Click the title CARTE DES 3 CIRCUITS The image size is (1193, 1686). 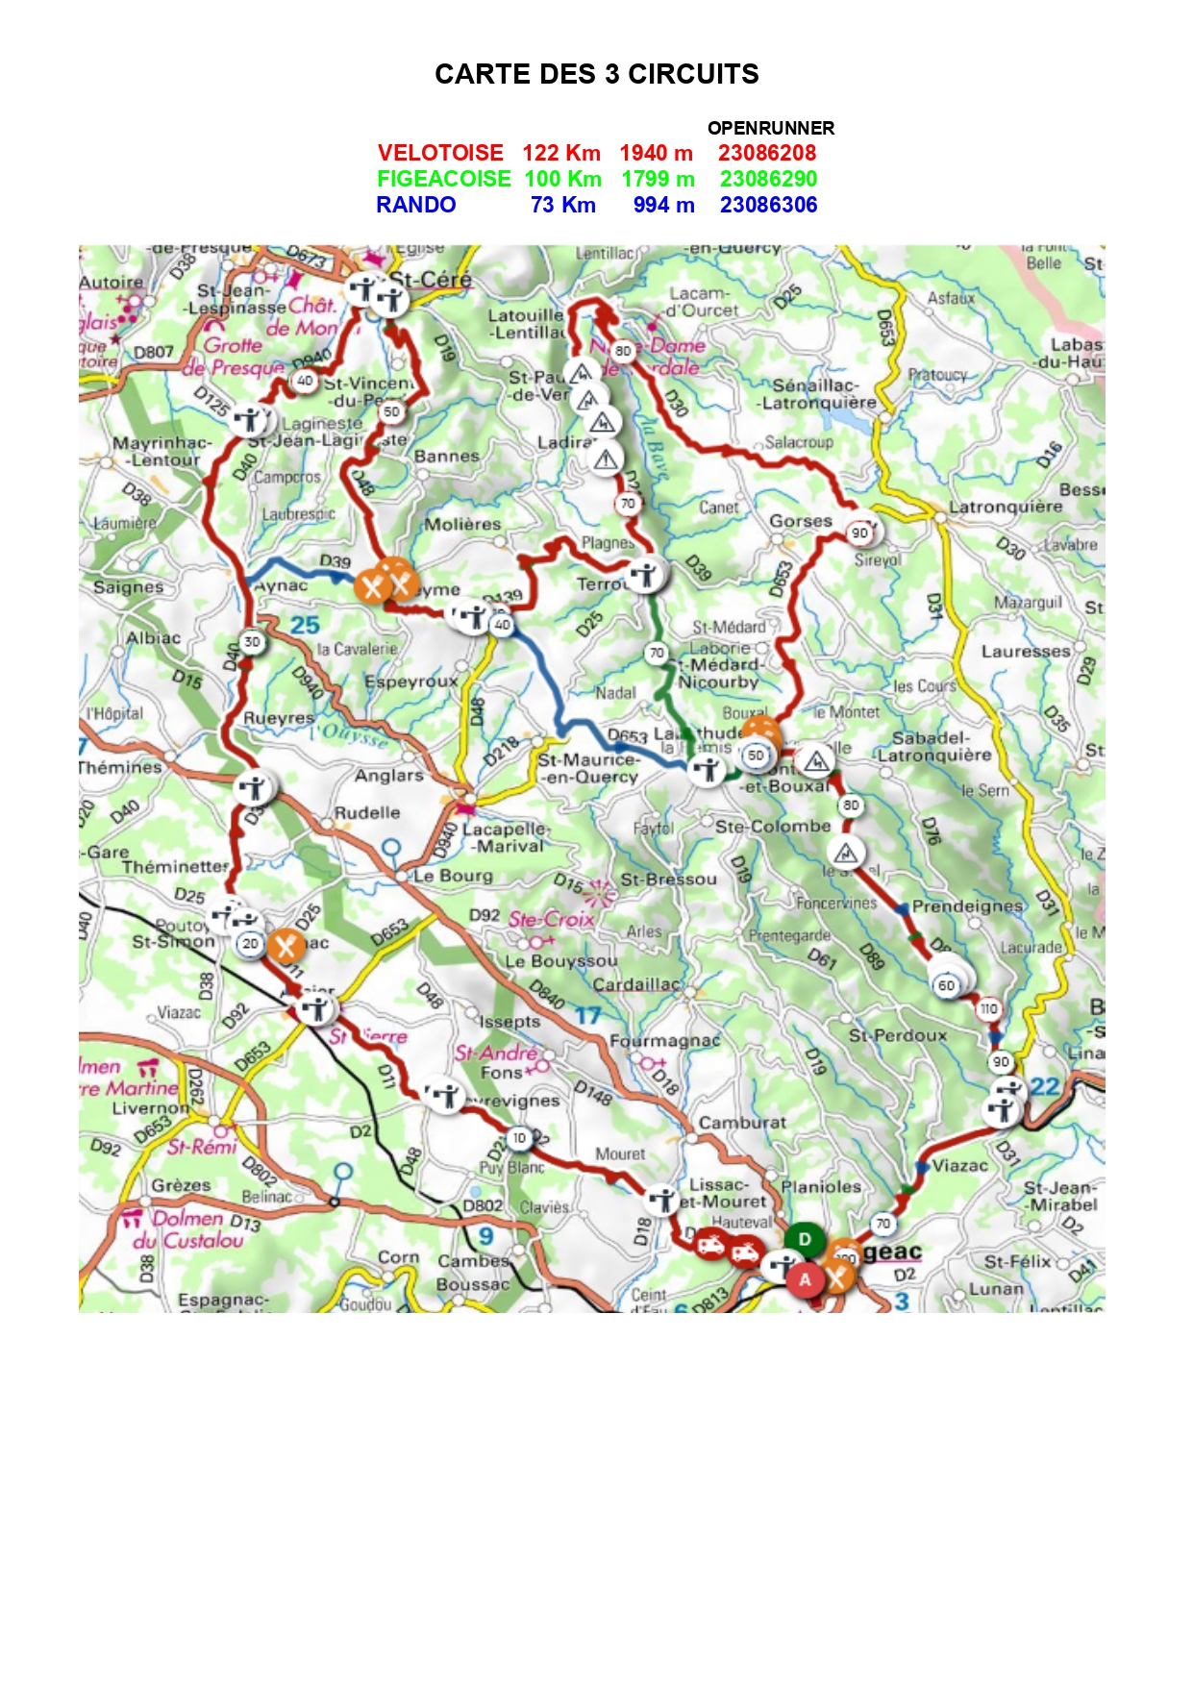tap(596, 74)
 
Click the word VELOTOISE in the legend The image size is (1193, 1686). tap(440, 153)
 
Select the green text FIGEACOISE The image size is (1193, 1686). tap(443, 179)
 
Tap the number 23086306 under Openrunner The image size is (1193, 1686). tap(768, 205)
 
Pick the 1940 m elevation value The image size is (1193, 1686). tap(656, 153)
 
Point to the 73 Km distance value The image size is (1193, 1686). tap(562, 205)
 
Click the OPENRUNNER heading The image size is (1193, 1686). tap(770, 128)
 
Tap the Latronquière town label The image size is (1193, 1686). tap(1005, 507)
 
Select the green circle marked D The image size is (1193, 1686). tap(805, 1239)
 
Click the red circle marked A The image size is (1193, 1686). tap(805, 1279)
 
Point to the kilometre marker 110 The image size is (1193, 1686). tap(988, 1008)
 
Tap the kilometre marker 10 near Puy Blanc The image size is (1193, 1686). tap(519, 1138)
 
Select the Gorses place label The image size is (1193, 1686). tap(800, 521)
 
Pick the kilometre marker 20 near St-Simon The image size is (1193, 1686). tap(250, 944)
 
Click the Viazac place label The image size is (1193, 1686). tap(959, 1166)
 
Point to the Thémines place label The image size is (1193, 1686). tap(120, 767)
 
